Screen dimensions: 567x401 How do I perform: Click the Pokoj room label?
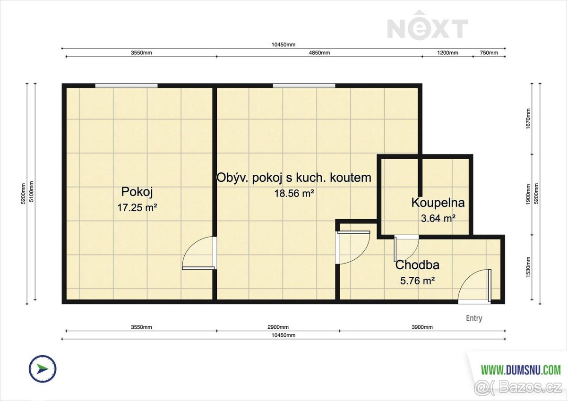tap(137, 192)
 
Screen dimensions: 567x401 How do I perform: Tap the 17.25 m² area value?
tap(137, 208)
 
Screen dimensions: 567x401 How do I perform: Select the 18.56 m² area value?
tap(294, 194)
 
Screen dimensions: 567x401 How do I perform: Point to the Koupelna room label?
tap(438, 203)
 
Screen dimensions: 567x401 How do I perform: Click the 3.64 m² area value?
tap(438, 218)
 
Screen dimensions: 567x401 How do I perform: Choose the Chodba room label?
tap(417, 265)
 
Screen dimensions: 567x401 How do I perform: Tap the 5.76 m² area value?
tap(417, 281)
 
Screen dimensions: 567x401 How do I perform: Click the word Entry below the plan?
tap(474, 318)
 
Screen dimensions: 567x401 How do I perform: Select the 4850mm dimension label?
tap(319, 53)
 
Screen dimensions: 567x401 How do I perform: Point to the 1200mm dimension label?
tap(447, 53)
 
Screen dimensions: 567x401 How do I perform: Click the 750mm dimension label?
tap(489, 53)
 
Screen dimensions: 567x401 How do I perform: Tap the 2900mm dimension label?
tap(278, 327)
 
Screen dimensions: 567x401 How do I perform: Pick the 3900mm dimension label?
tap(422, 327)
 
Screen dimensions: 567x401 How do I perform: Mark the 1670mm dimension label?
tap(528, 119)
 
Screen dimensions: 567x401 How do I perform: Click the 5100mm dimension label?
tap(31, 191)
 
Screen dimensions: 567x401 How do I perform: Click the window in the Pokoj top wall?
tap(126, 85)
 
